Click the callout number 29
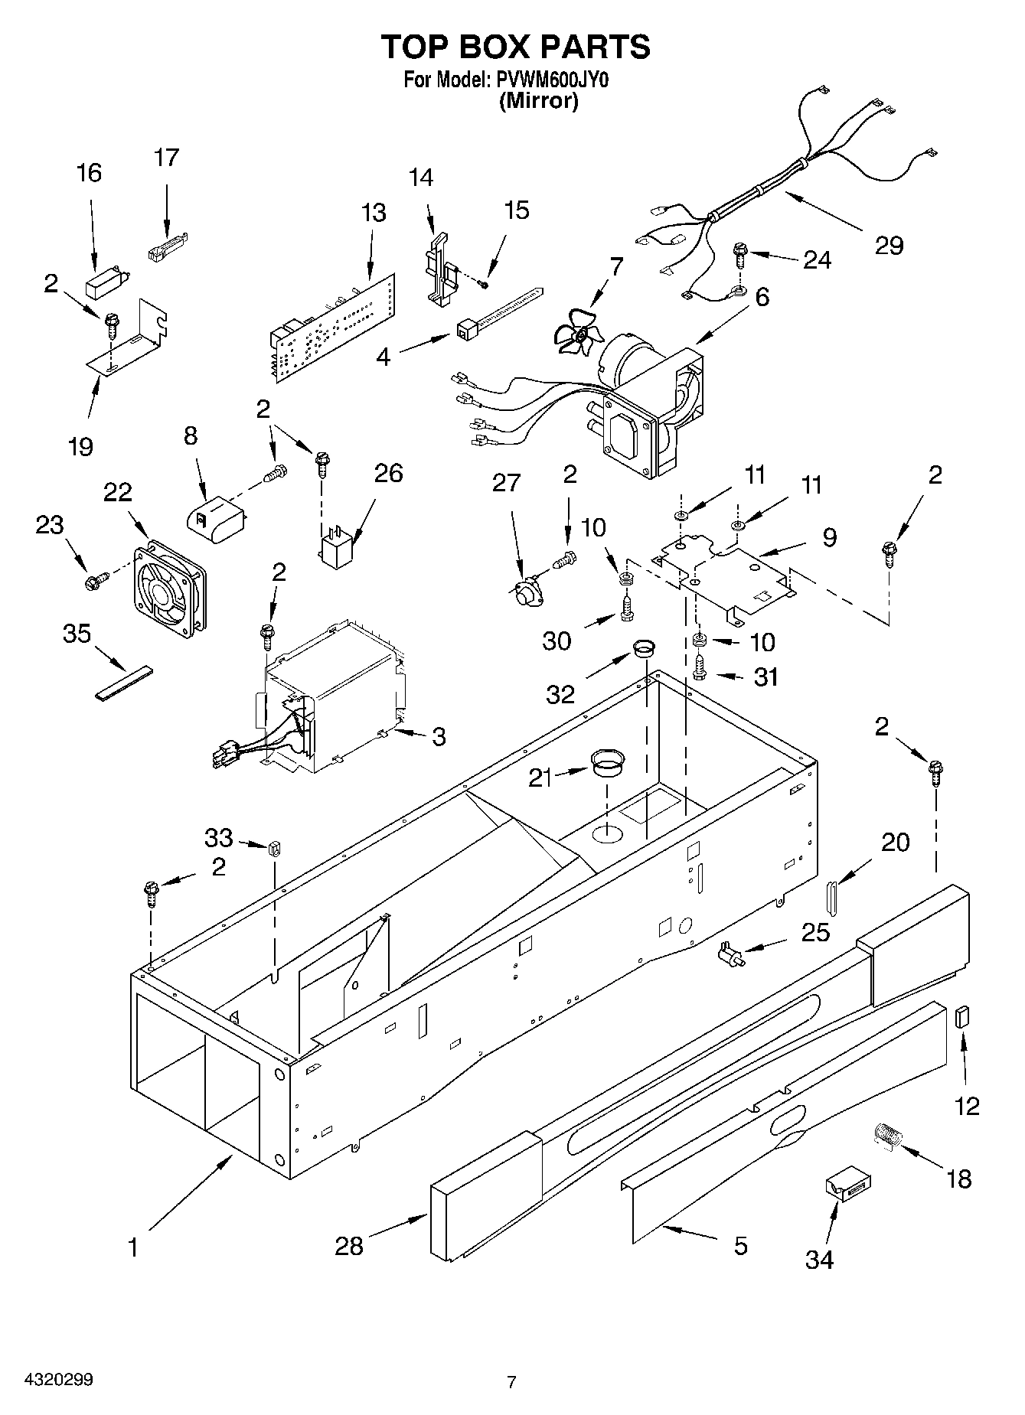(x=889, y=246)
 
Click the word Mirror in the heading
(x=538, y=100)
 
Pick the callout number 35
(x=77, y=634)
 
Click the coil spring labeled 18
(x=888, y=1135)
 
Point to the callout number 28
(x=349, y=1246)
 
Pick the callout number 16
(x=90, y=173)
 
